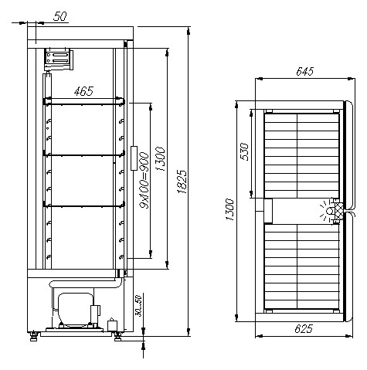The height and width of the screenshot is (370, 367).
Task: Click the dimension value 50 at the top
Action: click(60, 17)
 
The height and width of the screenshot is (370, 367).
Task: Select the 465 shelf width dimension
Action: click(83, 91)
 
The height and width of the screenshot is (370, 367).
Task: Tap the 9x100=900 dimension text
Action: click(144, 180)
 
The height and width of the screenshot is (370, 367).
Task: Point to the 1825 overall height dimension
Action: click(182, 182)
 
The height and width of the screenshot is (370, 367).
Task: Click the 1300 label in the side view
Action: click(160, 159)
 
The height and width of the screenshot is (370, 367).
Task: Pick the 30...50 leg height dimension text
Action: click(138, 306)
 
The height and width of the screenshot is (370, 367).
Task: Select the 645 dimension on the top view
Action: click(304, 71)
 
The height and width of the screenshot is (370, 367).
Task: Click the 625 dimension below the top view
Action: click(304, 328)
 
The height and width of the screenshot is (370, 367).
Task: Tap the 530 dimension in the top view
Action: click(245, 151)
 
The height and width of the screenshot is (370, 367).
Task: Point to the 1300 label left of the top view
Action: click(229, 209)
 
